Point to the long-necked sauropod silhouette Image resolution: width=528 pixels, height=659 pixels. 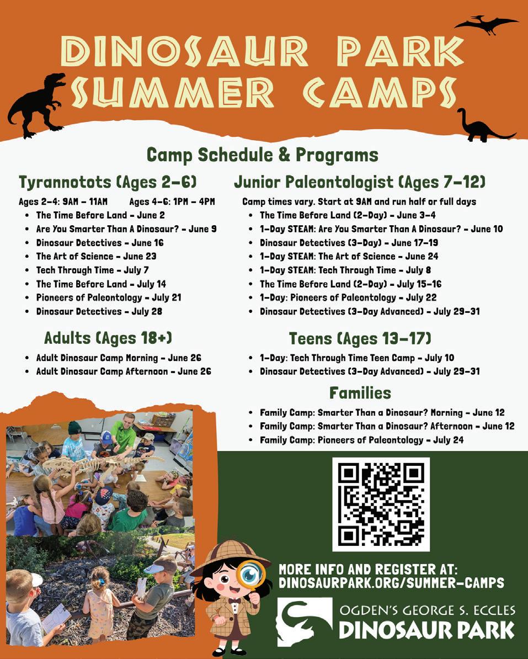click(x=483, y=126)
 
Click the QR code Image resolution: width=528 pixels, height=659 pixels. click(x=381, y=504)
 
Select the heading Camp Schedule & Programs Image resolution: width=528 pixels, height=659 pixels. click(x=263, y=155)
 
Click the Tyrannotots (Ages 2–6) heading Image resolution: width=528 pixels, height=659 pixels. click(x=108, y=182)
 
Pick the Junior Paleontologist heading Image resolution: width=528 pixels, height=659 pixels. click(x=360, y=182)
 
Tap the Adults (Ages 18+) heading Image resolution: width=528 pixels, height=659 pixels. click(x=108, y=338)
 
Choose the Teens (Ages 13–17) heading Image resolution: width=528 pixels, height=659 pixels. click(x=360, y=338)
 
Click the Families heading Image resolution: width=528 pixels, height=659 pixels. click(x=360, y=393)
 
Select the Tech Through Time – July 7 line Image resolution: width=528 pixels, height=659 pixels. click(x=92, y=270)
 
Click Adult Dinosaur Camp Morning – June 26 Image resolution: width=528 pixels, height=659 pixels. click(x=119, y=358)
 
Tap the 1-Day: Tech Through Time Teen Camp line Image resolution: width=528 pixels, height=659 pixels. click(x=357, y=358)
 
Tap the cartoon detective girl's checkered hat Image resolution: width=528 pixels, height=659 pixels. click(x=230, y=555)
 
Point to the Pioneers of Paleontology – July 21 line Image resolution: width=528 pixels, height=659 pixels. click(x=109, y=297)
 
